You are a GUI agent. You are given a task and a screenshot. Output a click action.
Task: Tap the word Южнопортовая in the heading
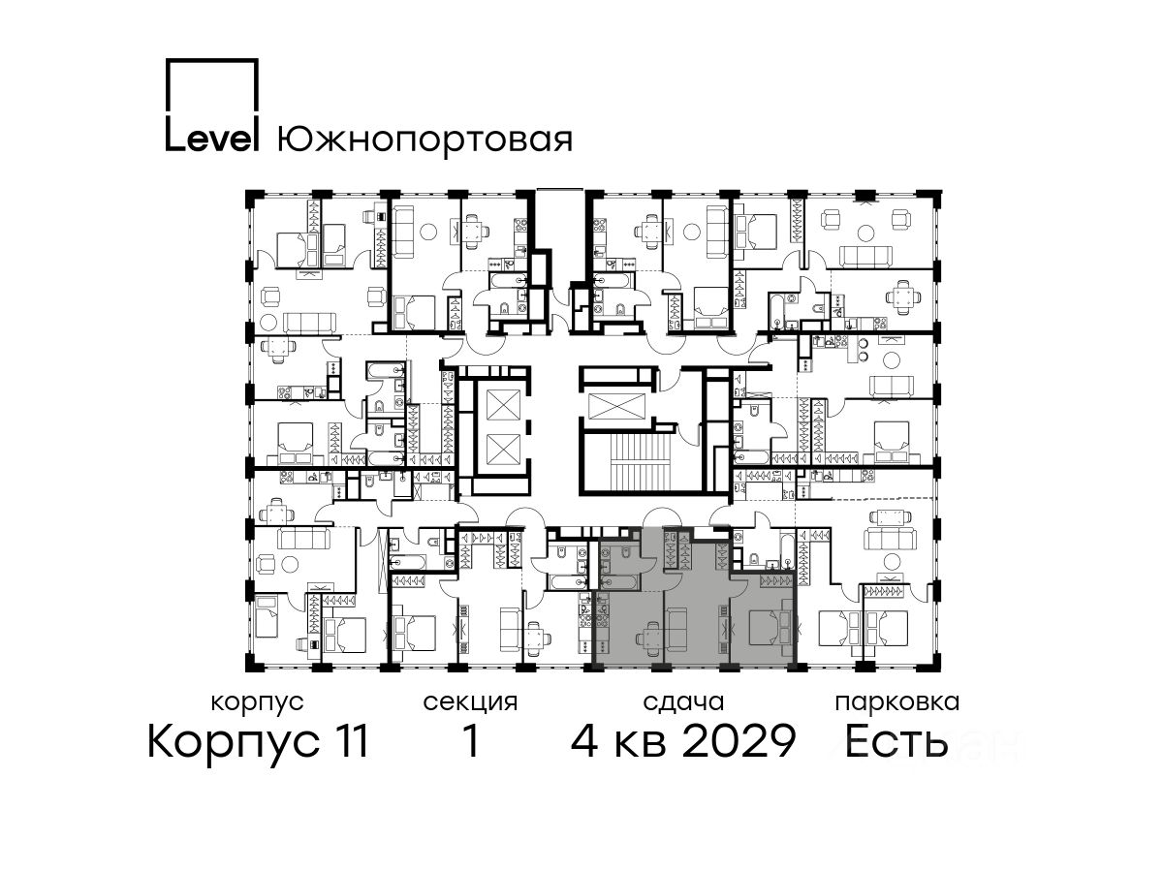(x=424, y=140)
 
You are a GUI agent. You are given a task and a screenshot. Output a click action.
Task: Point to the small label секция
(x=470, y=703)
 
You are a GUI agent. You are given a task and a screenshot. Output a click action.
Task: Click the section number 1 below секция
(x=471, y=742)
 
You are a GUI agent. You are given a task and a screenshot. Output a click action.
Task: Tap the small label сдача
(x=683, y=703)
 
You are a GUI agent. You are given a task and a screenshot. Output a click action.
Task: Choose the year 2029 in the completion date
(x=739, y=742)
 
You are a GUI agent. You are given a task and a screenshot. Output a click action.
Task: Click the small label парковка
(x=897, y=703)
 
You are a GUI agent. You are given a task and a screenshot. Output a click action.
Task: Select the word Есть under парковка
(x=896, y=742)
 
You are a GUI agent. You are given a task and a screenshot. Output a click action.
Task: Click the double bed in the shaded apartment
(x=770, y=628)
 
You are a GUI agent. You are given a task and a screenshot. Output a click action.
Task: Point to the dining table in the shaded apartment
(x=648, y=636)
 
